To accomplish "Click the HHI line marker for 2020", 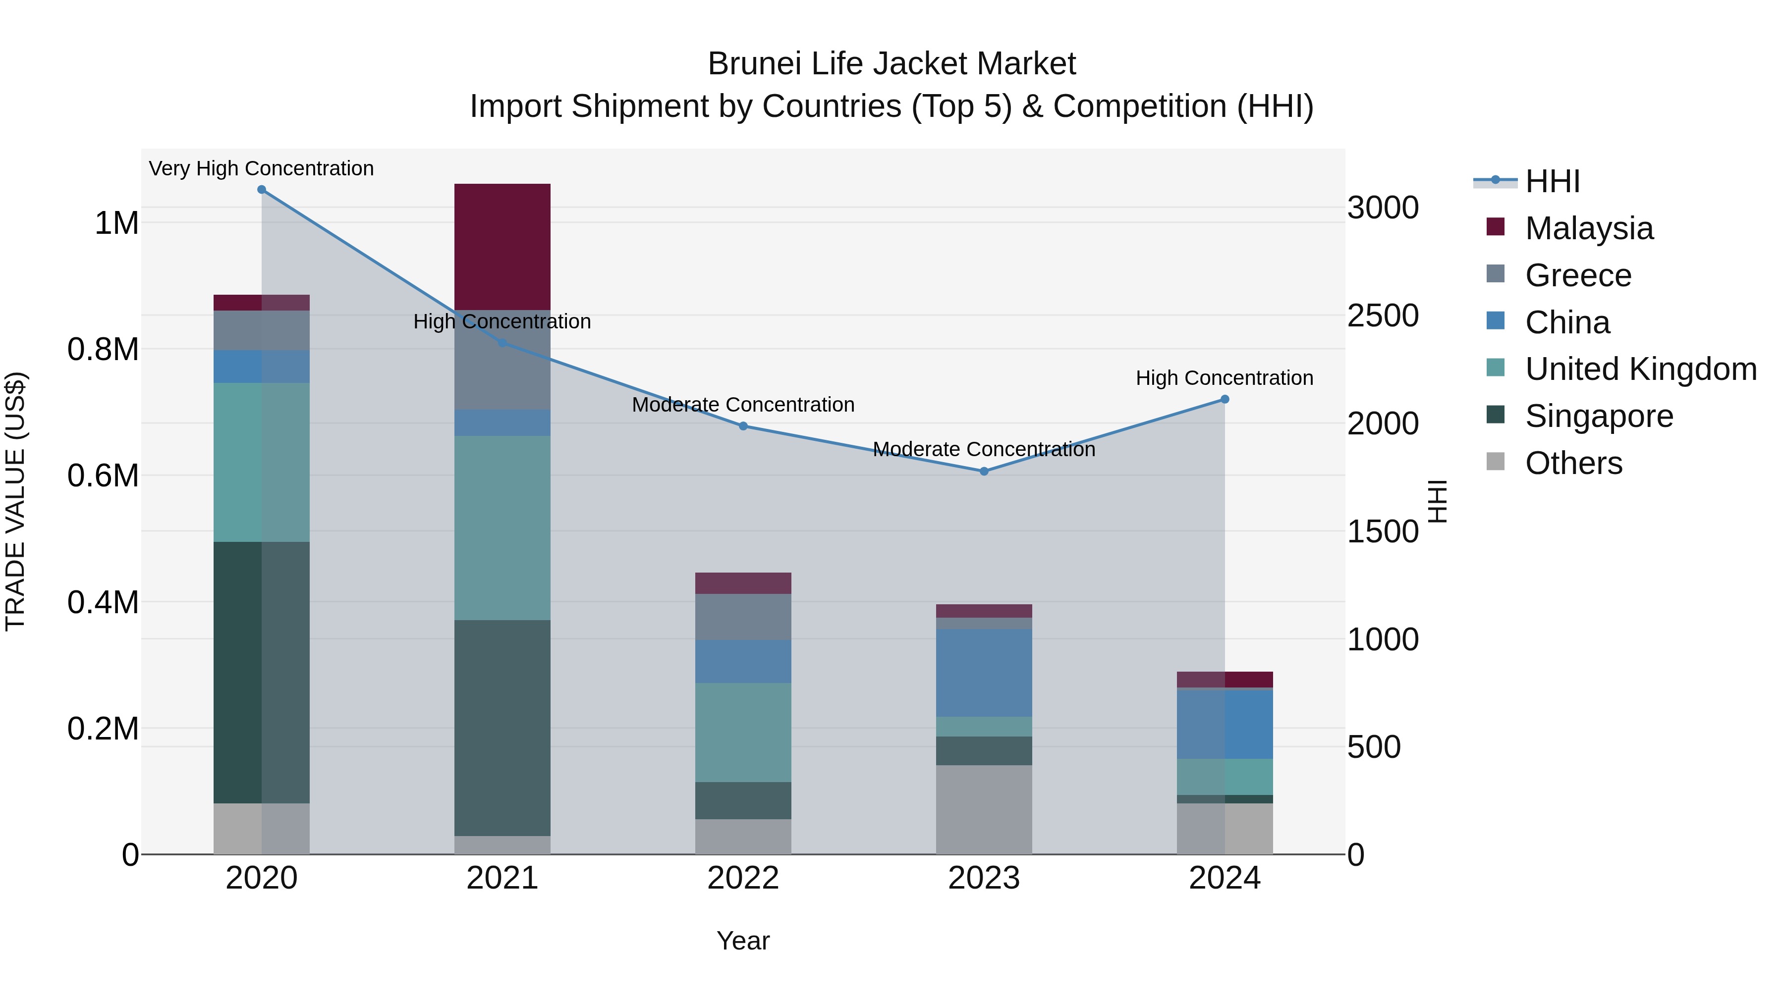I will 261,190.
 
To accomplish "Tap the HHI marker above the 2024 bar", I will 1225,399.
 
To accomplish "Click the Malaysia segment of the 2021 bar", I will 502,247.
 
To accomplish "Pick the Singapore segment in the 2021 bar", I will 502,728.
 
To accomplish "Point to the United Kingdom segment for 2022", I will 743,733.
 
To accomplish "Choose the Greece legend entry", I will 1578,275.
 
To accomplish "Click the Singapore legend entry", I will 1598,416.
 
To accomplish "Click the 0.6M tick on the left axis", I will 103,476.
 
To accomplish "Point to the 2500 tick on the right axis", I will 1382,316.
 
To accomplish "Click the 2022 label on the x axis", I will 743,878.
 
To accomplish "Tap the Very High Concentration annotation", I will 261,168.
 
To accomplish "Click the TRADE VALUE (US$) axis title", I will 15,501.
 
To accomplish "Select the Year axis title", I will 743,941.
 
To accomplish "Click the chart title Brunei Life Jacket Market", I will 892,64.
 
